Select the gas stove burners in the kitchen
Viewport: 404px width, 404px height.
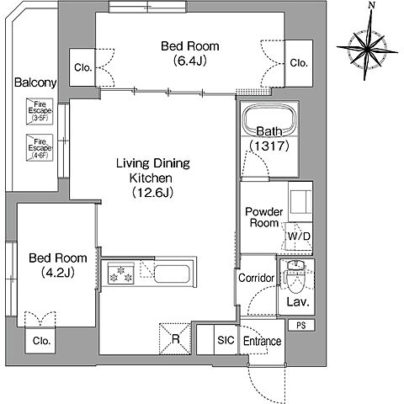pyautogui.click(x=121, y=274)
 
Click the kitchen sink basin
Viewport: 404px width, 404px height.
pyautogui.click(x=172, y=274)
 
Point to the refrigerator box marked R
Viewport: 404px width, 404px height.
pyautogui.click(x=175, y=339)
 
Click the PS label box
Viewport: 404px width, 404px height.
pyautogui.click(x=301, y=326)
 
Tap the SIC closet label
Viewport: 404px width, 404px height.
pyautogui.click(x=226, y=340)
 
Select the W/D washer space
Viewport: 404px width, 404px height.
pyautogui.click(x=299, y=237)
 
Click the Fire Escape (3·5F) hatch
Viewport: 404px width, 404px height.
pyautogui.click(x=40, y=111)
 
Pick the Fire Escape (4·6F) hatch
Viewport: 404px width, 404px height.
pyautogui.click(x=40, y=147)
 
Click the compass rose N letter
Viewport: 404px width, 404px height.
pyautogui.click(x=372, y=5)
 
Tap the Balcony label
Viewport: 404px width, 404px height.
pyautogui.click(x=35, y=82)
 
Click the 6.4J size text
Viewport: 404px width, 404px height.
pyautogui.click(x=190, y=61)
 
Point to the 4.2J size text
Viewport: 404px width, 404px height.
pyautogui.click(x=58, y=272)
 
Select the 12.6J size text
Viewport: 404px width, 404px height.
pyautogui.click(x=152, y=193)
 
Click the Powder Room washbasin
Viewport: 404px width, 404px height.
pyautogui.click(x=300, y=201)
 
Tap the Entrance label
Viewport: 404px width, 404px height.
pyautogui.click(x=262, y=341)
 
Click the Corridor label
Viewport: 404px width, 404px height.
pyautogui.click(x=256, y=278)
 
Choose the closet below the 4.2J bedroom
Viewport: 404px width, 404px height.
pyautogui.click(x=40, y=340)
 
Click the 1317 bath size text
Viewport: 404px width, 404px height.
pyautogui.click(x=269, y=146)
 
